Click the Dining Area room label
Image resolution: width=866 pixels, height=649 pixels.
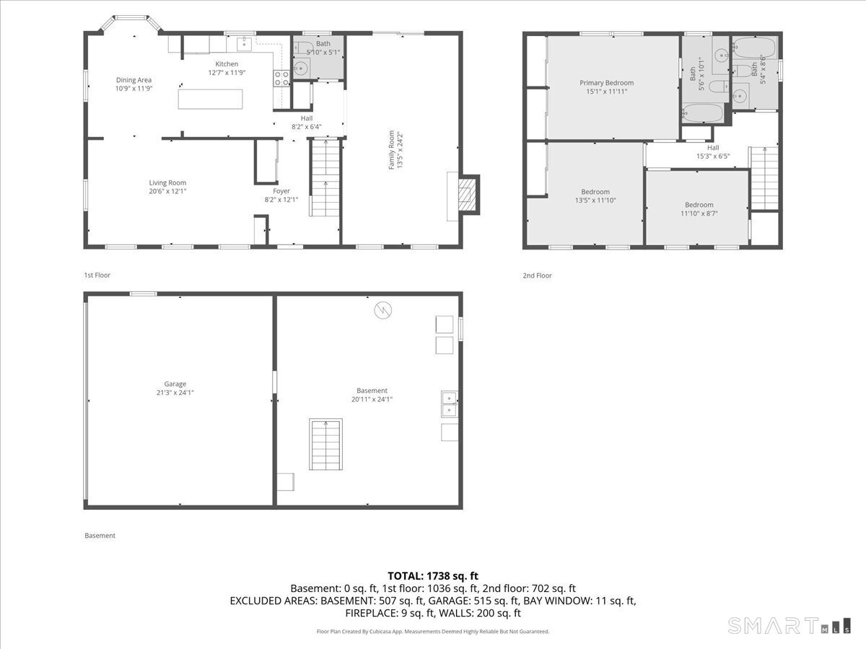click(134, 80)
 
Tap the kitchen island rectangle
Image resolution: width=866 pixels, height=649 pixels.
click(211, 98)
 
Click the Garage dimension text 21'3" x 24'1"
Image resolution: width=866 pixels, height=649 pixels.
click(175, 393)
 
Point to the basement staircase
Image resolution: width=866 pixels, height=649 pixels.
click(325, 444)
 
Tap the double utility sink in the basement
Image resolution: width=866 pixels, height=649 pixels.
click(450, 404)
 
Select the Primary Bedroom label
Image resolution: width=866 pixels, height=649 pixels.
click(606, 83)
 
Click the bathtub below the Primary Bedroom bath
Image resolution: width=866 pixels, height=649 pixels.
click(701, 114)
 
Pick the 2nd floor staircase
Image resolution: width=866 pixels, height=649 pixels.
click(763, 177)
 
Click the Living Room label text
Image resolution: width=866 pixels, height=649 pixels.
click(167, 183)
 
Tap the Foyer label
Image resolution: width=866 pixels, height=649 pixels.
click(281, 191)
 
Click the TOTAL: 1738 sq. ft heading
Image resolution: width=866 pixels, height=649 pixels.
click(433, 575)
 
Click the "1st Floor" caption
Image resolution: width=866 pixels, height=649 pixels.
click(97, 275)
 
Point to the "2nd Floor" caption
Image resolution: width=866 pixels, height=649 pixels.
click(537, 275)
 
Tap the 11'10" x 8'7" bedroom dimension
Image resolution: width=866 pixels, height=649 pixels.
click(699, 213)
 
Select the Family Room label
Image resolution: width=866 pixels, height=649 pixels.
click(392, 150)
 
